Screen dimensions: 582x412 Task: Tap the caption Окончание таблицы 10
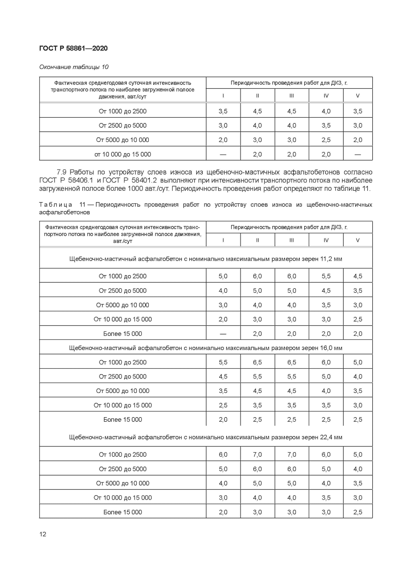74,67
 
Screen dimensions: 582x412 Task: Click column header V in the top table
358,96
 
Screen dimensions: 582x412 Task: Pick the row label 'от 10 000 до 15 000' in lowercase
123,154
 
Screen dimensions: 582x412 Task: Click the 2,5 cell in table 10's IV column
326,140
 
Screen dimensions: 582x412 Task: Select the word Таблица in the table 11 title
56,205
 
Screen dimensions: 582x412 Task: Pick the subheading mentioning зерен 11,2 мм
205,259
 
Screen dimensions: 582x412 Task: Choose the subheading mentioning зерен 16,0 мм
205,348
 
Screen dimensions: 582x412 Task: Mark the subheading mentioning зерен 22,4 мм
205,437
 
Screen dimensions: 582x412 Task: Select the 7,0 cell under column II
257,455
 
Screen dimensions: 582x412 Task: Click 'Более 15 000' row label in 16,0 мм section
123,420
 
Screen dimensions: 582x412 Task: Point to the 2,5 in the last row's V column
358,512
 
